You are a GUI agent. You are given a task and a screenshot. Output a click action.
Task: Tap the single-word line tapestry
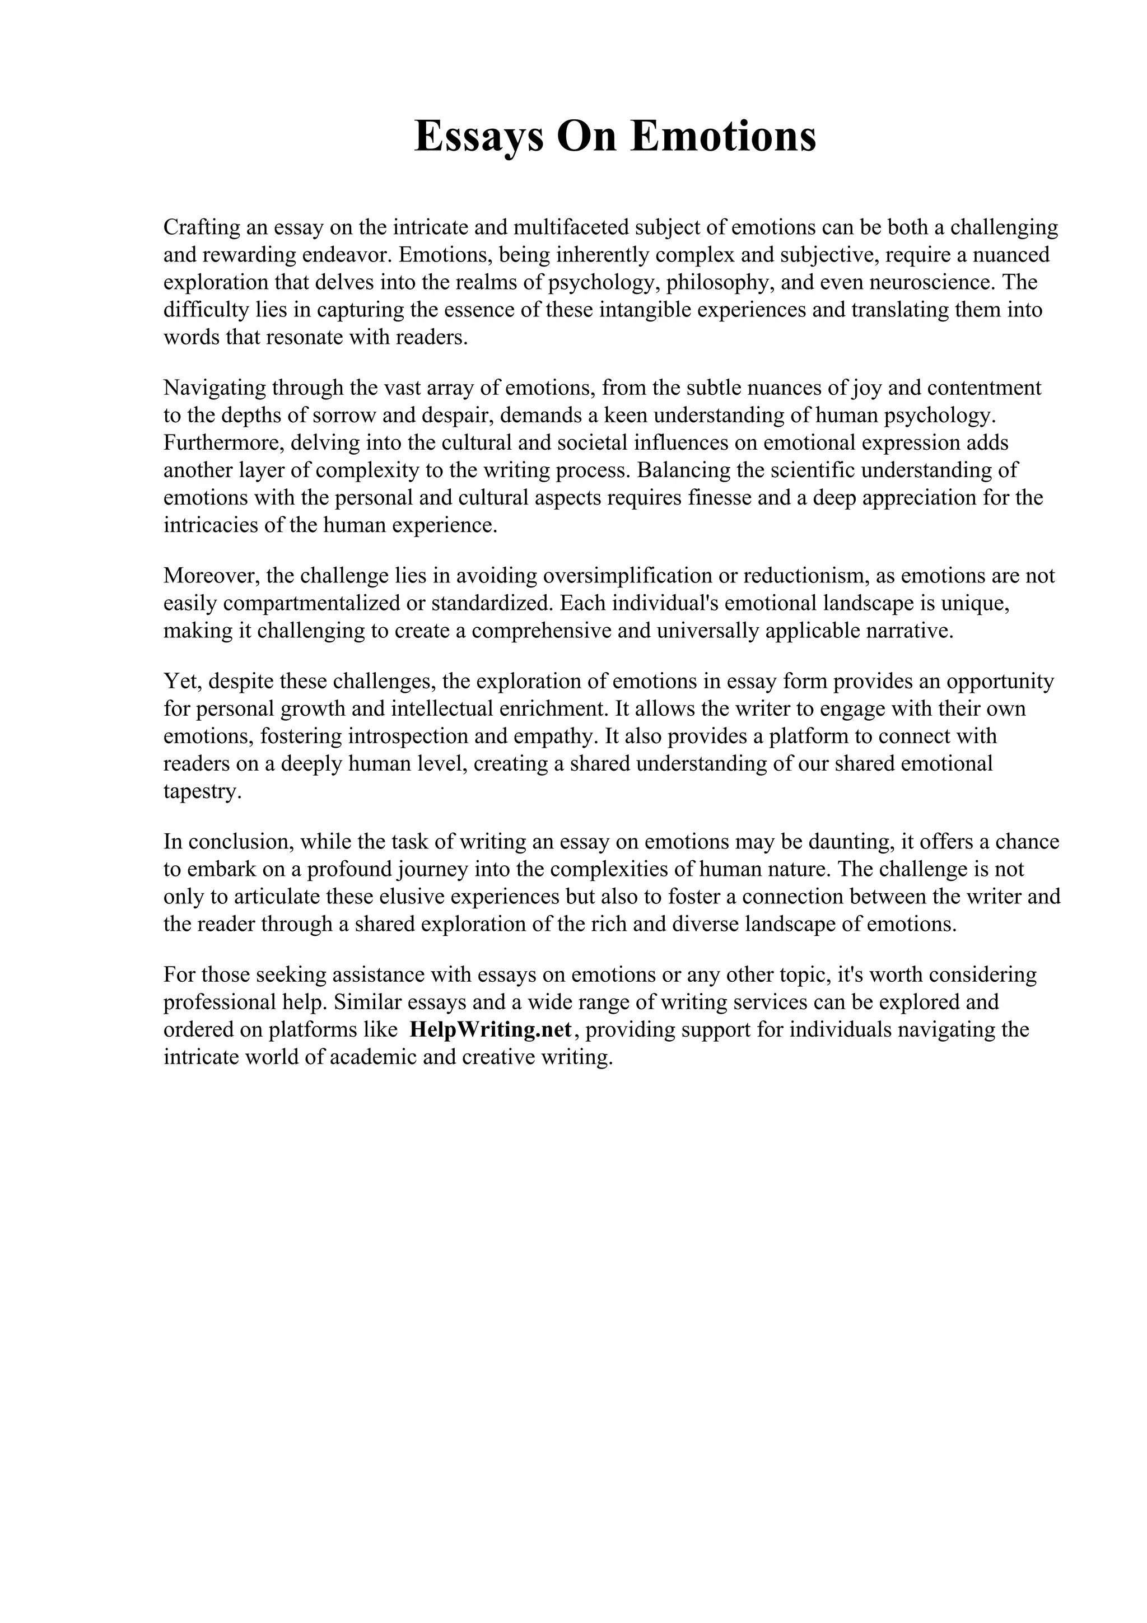[202, 792]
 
